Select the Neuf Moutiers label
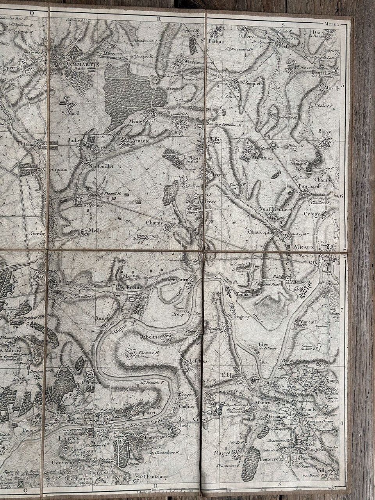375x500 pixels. pyautogui.click(x=275, y=209)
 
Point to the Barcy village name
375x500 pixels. pyautogui.click(x=324, y=132)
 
